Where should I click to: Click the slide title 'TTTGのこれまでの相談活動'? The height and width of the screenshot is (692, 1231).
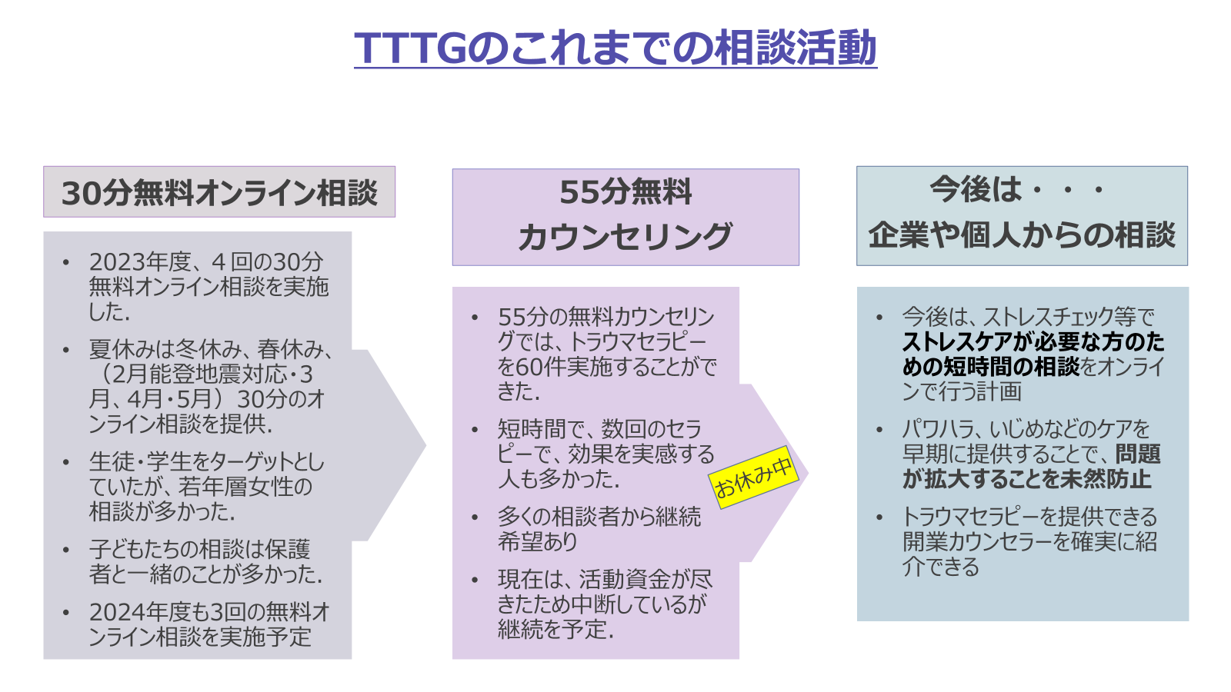pyautogui.click(x=615, y=48)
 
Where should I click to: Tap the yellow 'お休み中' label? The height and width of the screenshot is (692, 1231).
pyautogui.click(x=753, y=477)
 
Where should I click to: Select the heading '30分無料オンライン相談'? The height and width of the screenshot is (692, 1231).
pyautogui.click(x=219, y=193)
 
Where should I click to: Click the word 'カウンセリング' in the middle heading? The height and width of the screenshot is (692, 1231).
pyautogui.click(x=626, y=237)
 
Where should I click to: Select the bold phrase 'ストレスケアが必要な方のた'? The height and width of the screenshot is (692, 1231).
pyautogui.click(x=1033, y=342)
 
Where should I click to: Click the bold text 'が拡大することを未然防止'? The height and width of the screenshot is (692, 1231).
pyautogui.click(x=1026, y=479)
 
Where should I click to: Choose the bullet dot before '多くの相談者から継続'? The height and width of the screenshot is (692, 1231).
pyautogui.click(x=475, y=517)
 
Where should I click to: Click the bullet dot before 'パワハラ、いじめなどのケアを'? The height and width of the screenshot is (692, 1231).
pyautogui.click(x=880, y=429)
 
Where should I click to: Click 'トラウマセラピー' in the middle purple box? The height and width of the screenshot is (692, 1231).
pyautogui.click(x=638, y=341)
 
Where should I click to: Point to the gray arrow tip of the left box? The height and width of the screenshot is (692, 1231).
pyautogui.click(x=425, y=445)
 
